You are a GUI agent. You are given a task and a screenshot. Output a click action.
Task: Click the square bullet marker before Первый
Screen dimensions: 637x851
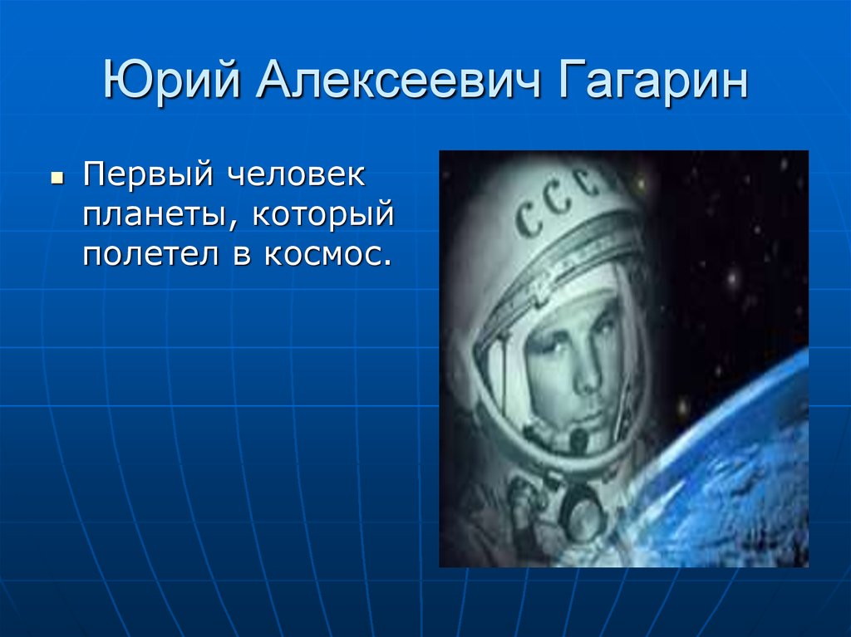click(x=57, y=179)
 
